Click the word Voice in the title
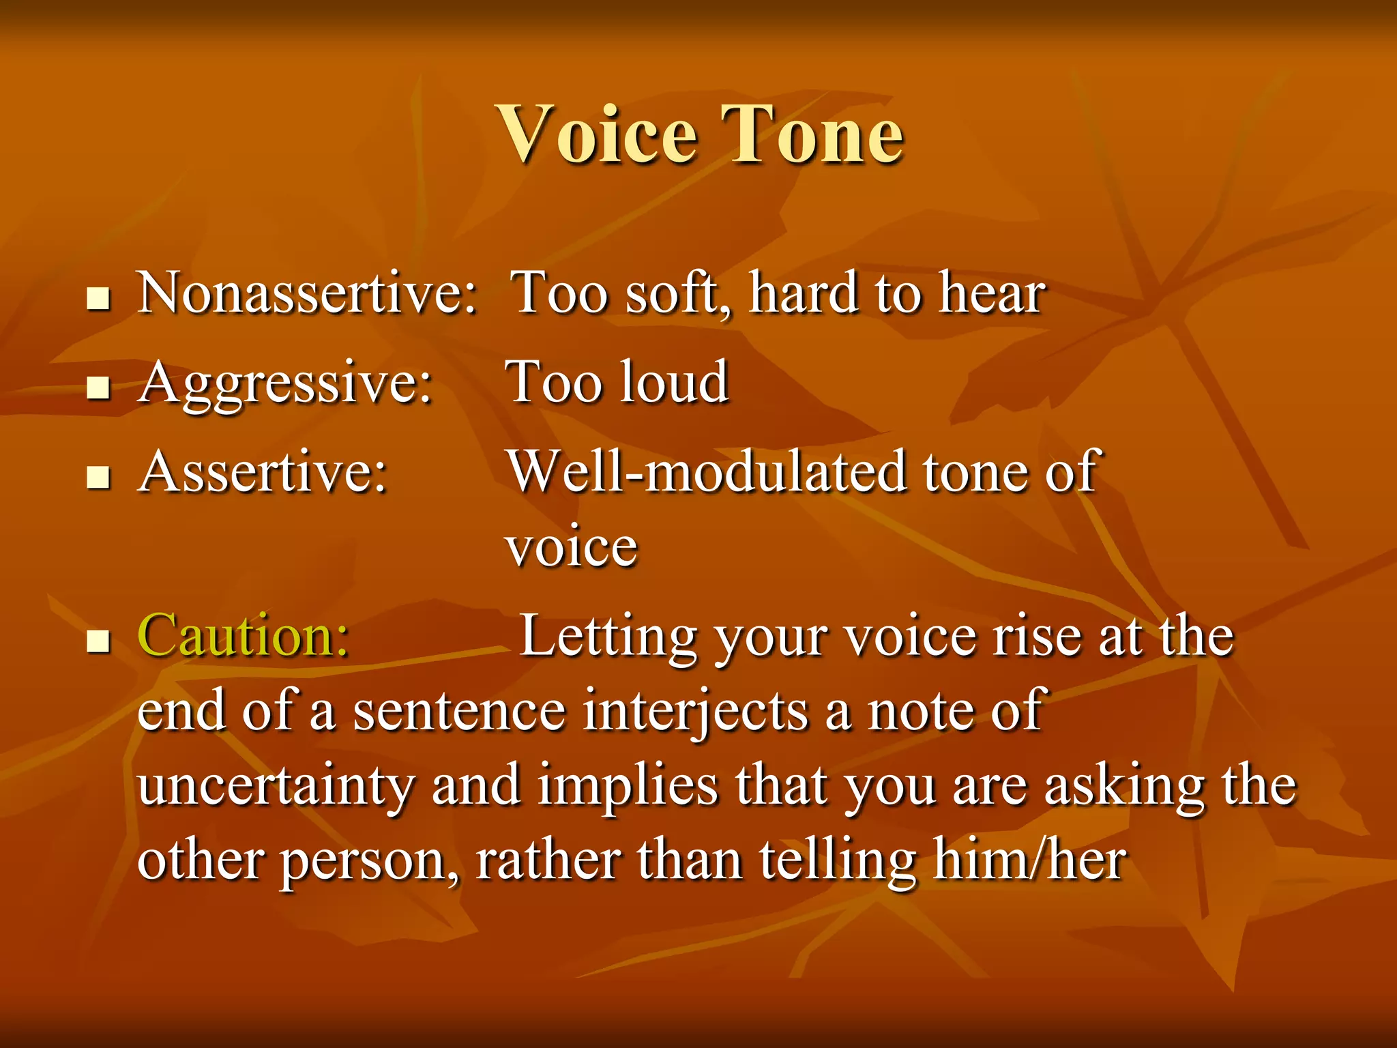599,134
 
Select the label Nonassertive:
307,293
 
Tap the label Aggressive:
285,383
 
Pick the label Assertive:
263,472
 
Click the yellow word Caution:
244,636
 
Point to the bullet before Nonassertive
99,299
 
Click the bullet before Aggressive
99,388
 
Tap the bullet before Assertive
99,478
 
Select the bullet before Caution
99,641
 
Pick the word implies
628,787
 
